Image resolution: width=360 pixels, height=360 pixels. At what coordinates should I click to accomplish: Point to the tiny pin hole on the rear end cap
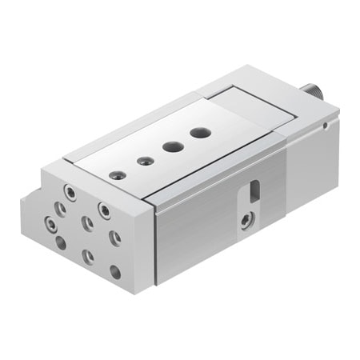(326, 124)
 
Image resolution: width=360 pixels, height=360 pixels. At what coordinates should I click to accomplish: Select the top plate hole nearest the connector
(199, 131)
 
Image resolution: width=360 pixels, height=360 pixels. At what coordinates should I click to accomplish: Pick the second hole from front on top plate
(145, 161)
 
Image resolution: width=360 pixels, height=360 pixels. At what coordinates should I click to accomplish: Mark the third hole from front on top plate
(171, 146)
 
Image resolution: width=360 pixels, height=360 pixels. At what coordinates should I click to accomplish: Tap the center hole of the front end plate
(87, 224)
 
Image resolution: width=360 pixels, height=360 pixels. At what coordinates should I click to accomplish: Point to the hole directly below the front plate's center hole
(88, 257)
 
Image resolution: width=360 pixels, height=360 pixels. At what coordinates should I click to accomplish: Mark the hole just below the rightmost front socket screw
(115, 238)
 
